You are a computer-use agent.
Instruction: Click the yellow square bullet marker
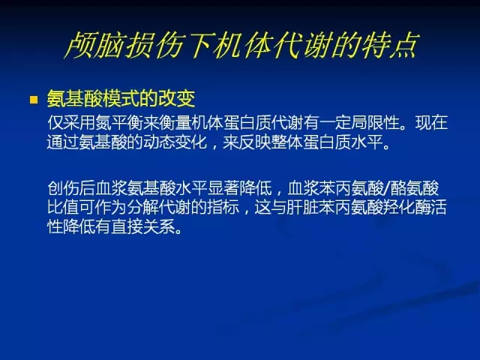pyautogui.click(x=34, y=100)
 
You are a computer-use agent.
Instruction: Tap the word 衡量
pyautogui.click(x=175, y=123)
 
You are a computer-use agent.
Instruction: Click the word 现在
pyautogui.click(x=432, y=123)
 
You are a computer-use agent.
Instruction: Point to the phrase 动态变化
pyautogui.click(x=175, y=142)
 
